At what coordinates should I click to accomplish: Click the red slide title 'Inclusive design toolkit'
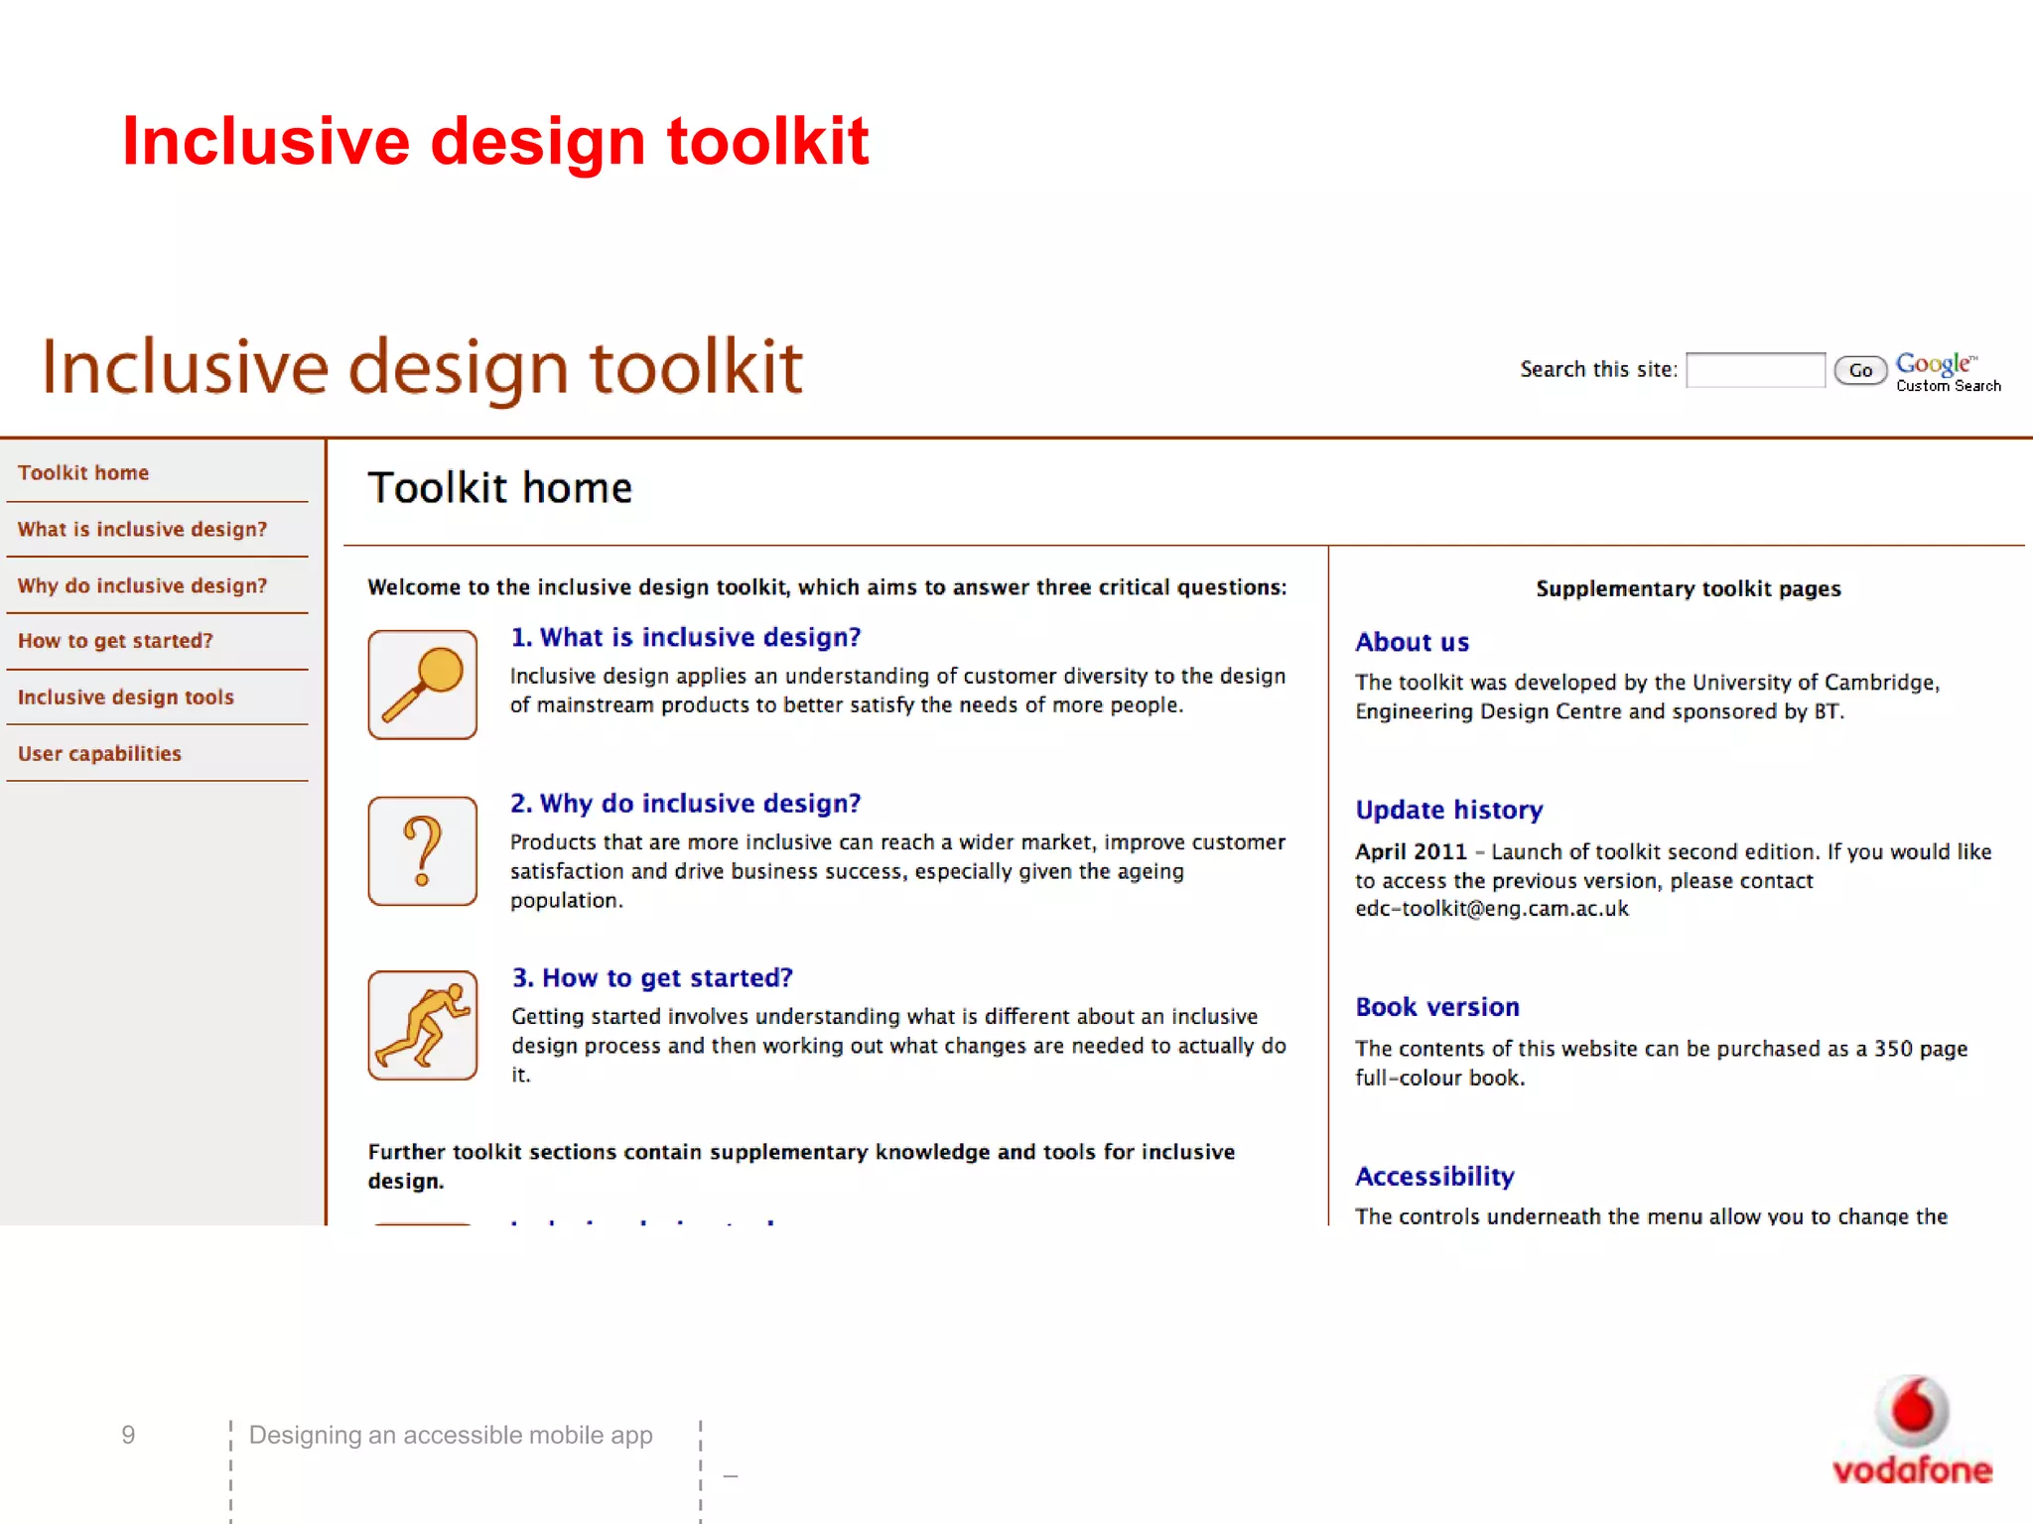494,141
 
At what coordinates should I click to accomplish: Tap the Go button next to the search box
1859,370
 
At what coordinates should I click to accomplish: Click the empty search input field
1754,370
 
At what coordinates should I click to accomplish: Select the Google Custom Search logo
1946,372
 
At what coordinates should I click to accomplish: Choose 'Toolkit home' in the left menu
83,473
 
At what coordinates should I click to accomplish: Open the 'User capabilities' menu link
99,754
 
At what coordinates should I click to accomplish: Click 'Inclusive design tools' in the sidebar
126,698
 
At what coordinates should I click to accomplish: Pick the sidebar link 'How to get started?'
115,641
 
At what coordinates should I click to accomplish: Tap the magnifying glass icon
422,685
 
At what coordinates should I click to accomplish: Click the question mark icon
422,851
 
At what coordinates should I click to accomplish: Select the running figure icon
422,1025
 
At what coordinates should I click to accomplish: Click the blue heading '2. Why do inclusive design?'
685,804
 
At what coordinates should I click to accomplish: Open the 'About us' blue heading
1412,643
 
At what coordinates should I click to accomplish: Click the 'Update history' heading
1448,811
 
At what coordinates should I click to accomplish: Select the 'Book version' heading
1436,1008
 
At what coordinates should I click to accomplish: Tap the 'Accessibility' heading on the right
1434,1177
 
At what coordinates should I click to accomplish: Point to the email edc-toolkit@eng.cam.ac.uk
1491,909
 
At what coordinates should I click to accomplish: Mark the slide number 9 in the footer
128,1435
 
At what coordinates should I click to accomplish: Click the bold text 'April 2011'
1411,852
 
